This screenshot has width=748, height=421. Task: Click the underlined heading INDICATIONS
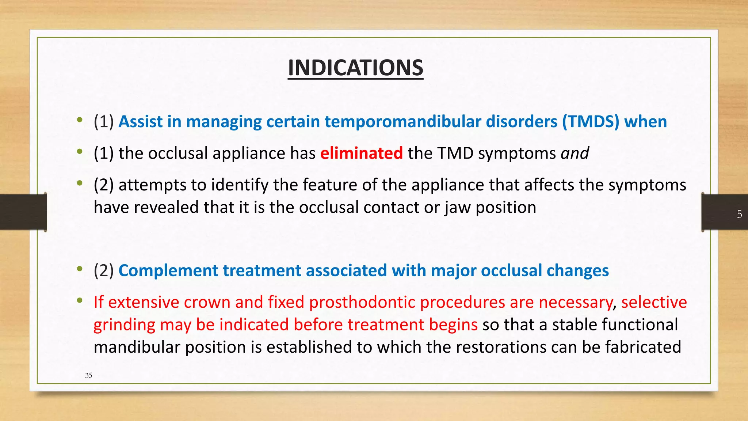tap(355, 68)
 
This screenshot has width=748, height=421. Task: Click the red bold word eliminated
tap(361, 153)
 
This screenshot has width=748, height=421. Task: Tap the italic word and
tap(575, 153)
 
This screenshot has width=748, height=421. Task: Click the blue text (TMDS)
tap(591, 122)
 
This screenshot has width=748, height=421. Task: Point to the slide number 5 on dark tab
tap(739, 214)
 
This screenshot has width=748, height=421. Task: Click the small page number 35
tap(88, 375)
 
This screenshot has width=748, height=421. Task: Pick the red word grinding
tap(124, 325)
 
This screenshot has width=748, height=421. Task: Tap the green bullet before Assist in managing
tap(79, 120)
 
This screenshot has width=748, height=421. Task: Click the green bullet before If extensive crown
tap(79, 301)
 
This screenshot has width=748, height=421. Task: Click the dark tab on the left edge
tap(23, 212)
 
